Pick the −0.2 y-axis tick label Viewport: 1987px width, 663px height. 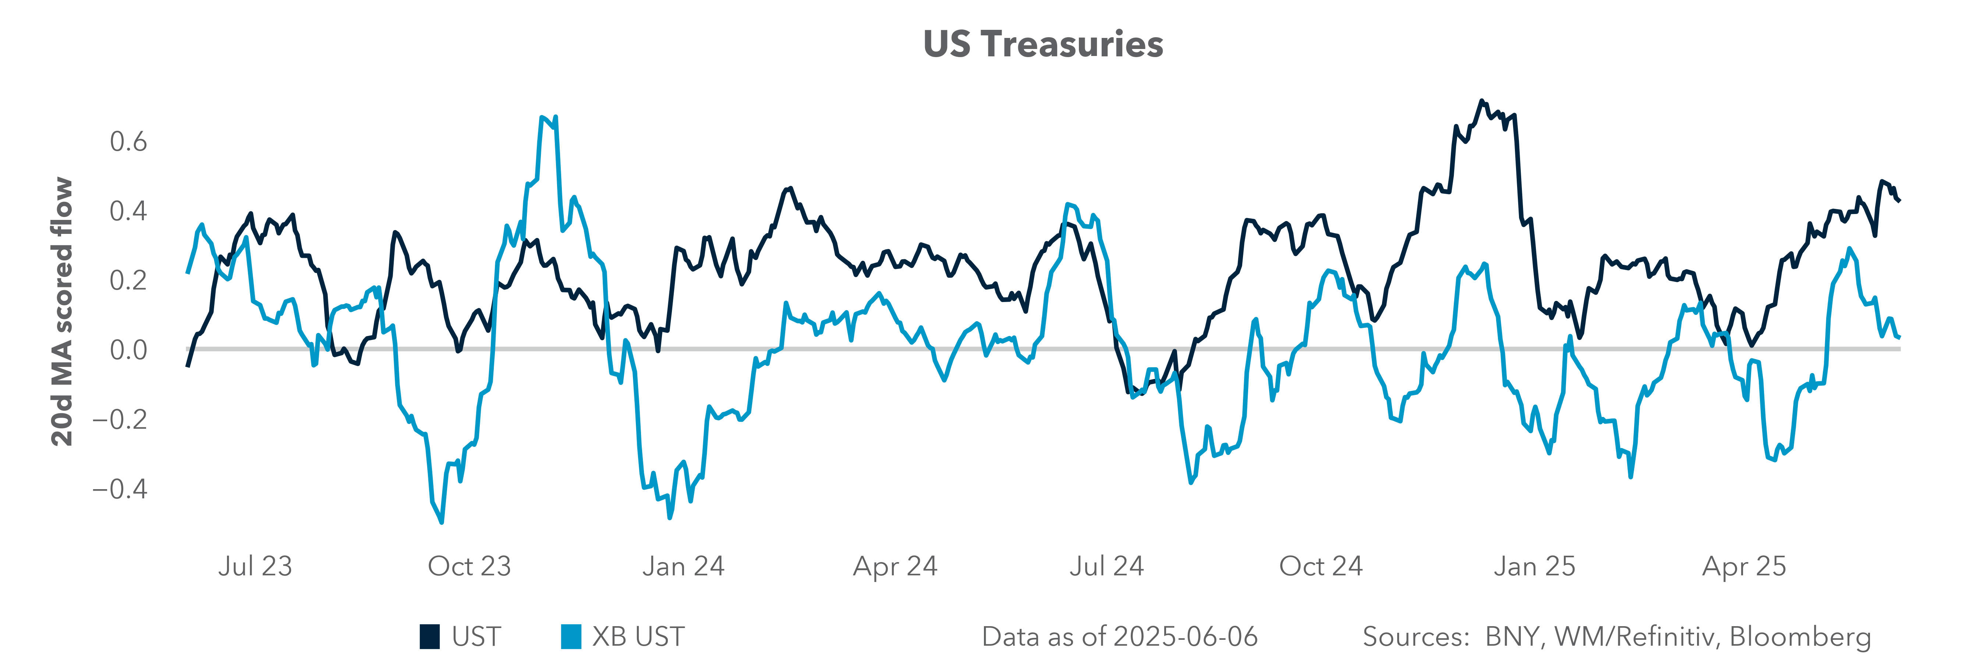point(120,419)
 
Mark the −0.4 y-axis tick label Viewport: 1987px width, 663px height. point(120,488)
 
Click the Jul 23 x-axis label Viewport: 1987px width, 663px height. point(255,566)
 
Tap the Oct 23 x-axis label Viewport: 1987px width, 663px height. point(469,566)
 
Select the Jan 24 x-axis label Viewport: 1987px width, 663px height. point(683,566)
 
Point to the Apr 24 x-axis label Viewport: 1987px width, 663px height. point(895,566)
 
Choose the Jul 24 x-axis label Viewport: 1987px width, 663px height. point(1106,566)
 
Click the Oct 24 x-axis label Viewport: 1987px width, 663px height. point(1321,566)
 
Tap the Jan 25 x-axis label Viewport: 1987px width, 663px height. point(1534,566)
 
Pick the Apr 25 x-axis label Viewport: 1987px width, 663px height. point(1744,566)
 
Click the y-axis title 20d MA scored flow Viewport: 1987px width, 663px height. point(62,312)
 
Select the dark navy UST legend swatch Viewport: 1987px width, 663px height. point(430,637)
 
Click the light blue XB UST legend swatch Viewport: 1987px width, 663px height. point(571,637)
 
